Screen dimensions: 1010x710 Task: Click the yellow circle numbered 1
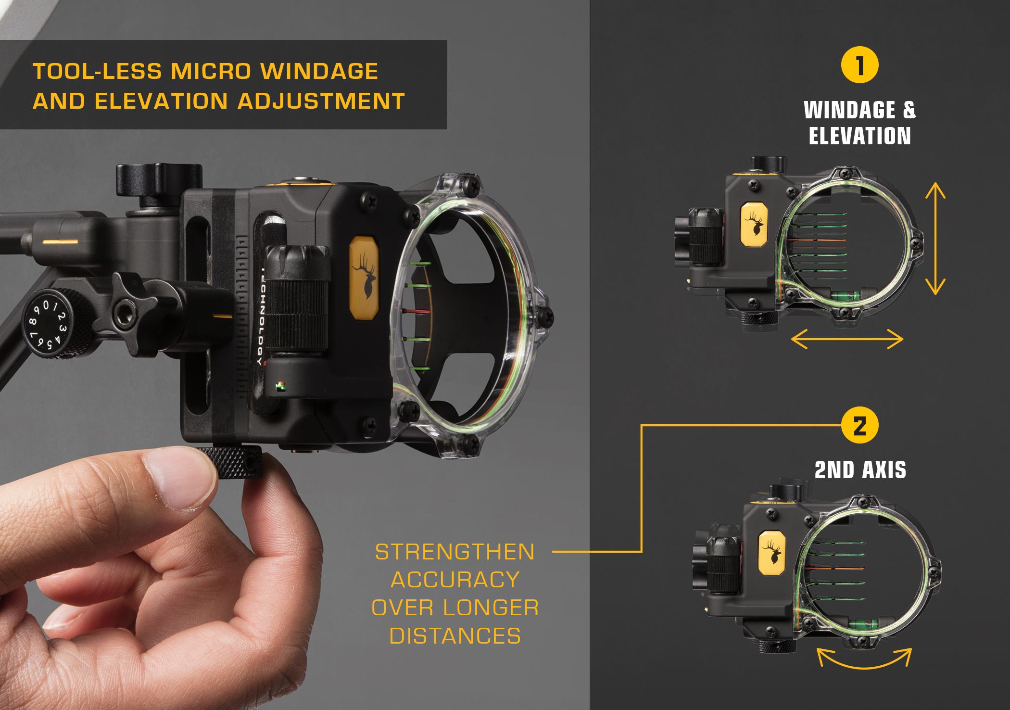(859, 65)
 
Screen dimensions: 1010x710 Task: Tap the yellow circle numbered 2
(859, 426)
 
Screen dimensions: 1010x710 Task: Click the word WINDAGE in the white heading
(849, 110)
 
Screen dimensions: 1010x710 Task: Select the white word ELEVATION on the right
(859, 136)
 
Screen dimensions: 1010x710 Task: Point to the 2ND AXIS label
(860, 470)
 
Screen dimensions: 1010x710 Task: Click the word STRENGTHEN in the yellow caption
(454, 552)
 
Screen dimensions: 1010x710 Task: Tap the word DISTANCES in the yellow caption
(455, 636)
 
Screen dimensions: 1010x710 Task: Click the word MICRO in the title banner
(211, 71)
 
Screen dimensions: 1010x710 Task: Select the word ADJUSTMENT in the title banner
(321, 101)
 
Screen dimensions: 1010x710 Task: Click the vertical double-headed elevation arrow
(935, 238)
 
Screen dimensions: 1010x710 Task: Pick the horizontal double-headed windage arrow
(847, 339)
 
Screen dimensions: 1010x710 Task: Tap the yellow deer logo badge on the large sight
(364, 278)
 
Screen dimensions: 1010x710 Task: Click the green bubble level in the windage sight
(846, 295)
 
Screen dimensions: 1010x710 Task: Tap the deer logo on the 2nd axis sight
(772, 553)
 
